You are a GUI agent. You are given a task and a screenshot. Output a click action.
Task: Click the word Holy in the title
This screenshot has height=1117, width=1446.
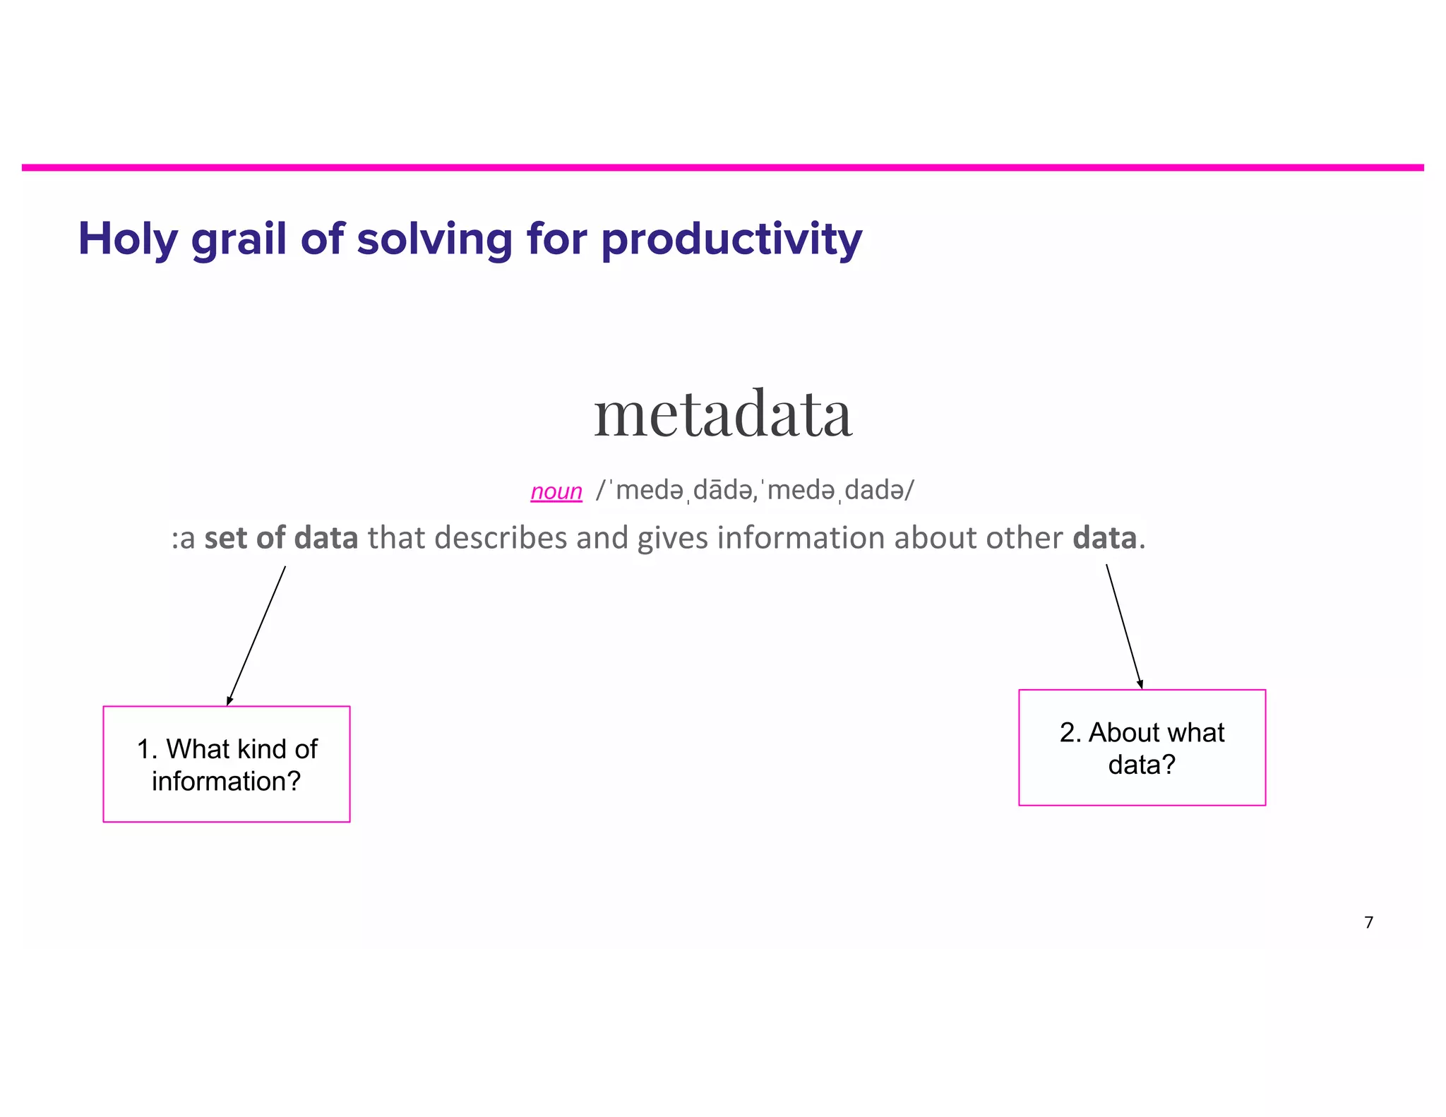(127, 239)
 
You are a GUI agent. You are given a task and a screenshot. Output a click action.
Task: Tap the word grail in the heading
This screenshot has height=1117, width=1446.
(239, 239)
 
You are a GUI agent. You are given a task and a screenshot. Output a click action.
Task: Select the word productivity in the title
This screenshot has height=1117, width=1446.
(731, 239)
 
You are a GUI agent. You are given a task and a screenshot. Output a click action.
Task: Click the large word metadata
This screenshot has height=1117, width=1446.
(723, 414)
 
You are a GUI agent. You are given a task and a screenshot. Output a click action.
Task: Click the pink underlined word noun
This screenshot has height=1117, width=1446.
(556, 491)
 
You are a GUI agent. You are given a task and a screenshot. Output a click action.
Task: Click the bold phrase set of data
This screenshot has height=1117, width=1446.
(281, 538)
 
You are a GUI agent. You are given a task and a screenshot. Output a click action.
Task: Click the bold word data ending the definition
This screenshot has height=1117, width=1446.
(1104, 538)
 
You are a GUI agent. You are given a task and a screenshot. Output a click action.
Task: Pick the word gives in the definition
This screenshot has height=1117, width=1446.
(671, 538)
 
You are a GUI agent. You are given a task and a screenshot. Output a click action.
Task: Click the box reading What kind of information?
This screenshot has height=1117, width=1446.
(227, 764)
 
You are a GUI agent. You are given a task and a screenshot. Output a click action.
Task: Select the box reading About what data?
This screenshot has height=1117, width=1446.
(1142, 748)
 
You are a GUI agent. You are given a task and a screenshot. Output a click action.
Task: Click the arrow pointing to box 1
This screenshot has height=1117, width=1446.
(256, 635)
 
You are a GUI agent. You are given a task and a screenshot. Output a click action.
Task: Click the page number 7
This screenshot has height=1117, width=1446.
(1368, 922)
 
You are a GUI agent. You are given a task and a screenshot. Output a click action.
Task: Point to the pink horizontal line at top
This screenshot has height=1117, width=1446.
(723, 167)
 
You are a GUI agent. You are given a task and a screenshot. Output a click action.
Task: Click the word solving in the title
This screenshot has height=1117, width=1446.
(434, 239)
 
